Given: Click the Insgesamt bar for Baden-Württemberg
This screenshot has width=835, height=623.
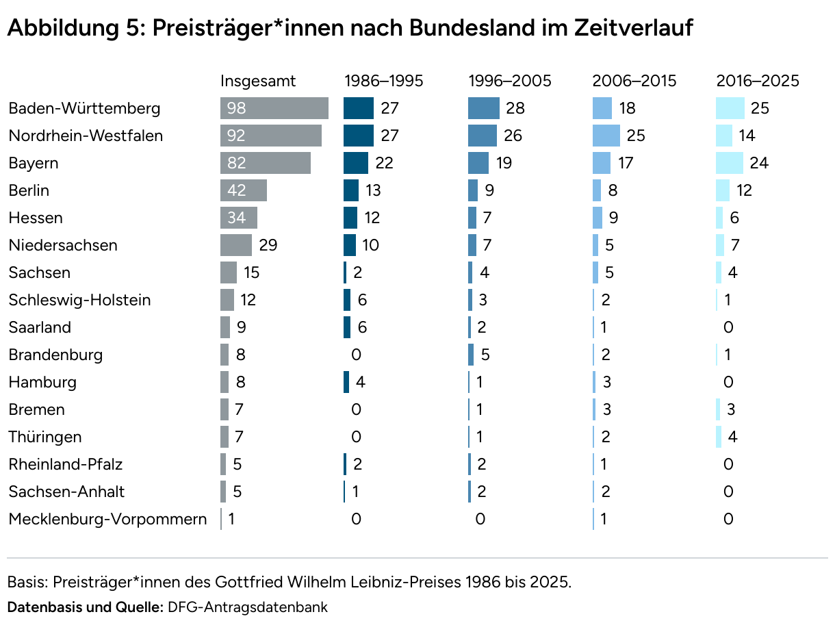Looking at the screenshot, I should pyautogui.click(x=274, y=108).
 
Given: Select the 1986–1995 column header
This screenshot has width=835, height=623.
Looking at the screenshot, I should pyautogui.click(x=383, y=81).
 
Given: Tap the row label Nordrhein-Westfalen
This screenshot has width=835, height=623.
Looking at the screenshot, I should pyautogui.click(x=86, y=136).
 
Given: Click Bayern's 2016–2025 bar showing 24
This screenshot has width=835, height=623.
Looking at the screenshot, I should pyautogui.click(x=730, y=163).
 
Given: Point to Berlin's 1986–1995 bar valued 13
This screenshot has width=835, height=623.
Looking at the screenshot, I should pyautogui.click(x=351, y=190).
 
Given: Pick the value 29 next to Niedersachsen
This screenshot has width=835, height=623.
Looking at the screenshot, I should pyautogui.click(x=268, y=245).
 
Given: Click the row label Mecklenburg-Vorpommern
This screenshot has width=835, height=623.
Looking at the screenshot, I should pyautogui.click(x=107, y=519).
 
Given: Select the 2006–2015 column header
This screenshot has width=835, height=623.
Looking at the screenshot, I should pyautogui.click(x=634, y=81).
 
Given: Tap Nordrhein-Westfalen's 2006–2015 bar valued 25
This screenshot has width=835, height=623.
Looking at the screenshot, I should pyautogui.click(x=606, y=136).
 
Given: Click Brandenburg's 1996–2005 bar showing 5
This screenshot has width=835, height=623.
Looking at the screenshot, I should pyautogui.click(x=471, y=355).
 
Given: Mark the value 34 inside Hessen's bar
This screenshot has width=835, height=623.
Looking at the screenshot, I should pyautogui.click(x=236, y=218).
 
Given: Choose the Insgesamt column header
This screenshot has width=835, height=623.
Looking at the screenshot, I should pyautogui.click(x=258, y=81).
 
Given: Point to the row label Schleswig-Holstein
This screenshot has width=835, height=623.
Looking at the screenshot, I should pyautogui.click(x=79, y=300).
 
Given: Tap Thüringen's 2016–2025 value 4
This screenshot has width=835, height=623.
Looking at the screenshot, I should pyautogui.click(x=732, y=437).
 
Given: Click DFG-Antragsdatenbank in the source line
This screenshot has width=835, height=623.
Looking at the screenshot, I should pyautogui.click(x=248, y=607).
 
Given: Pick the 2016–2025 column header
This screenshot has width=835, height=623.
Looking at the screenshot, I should pyautogui.click(x=758, y=81).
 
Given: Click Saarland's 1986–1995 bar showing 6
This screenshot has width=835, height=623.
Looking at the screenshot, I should pyautogui.click(x=347, y=327).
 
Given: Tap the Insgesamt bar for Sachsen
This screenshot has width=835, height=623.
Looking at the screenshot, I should pyautogui.click(x=229, y=272).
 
